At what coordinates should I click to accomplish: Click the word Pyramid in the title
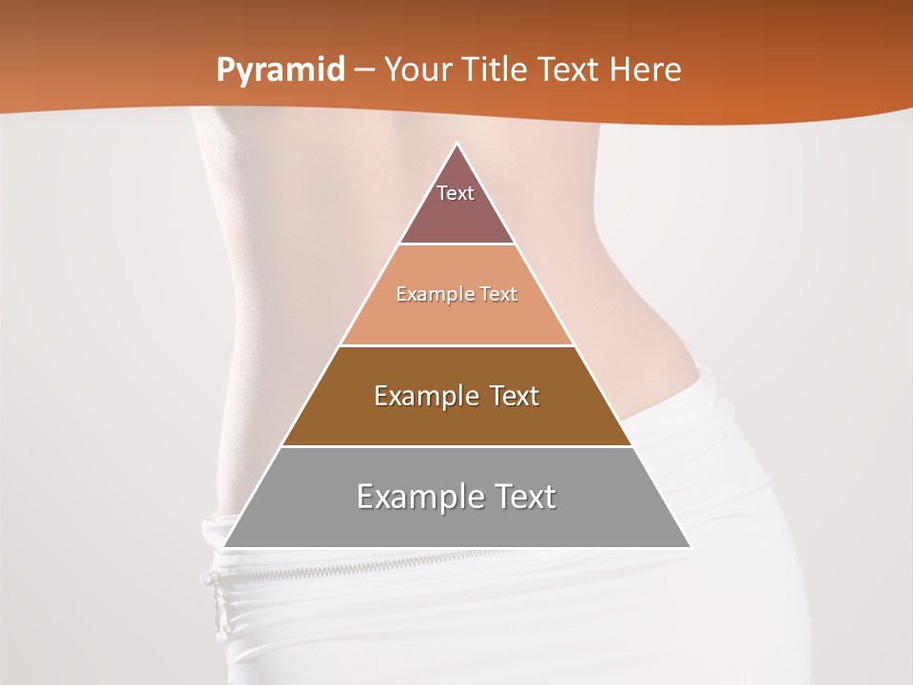pyautogui.click(x=281, y=70)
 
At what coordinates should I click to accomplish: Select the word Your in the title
pyautogui.click(x=416, y=70)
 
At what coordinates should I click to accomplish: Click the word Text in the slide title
pyautogui.click(x=569, y=70)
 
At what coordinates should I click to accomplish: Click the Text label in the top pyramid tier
pyautogui.click(x=456, y=193)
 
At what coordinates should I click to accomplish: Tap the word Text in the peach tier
pyautogui.click(x=498, y=295)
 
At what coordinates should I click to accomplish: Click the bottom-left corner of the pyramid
pyautogui.click(x=223, y=547)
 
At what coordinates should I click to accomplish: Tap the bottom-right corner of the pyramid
pyautogui.click(x=690, y=547)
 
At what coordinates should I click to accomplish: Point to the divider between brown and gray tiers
pyautogui.click(x=456, y=446)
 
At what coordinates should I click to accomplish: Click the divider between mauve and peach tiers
pyautogui.click(x=456, y=245)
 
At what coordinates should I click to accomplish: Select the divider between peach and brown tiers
pyautogui.click(x=456, y=345)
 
